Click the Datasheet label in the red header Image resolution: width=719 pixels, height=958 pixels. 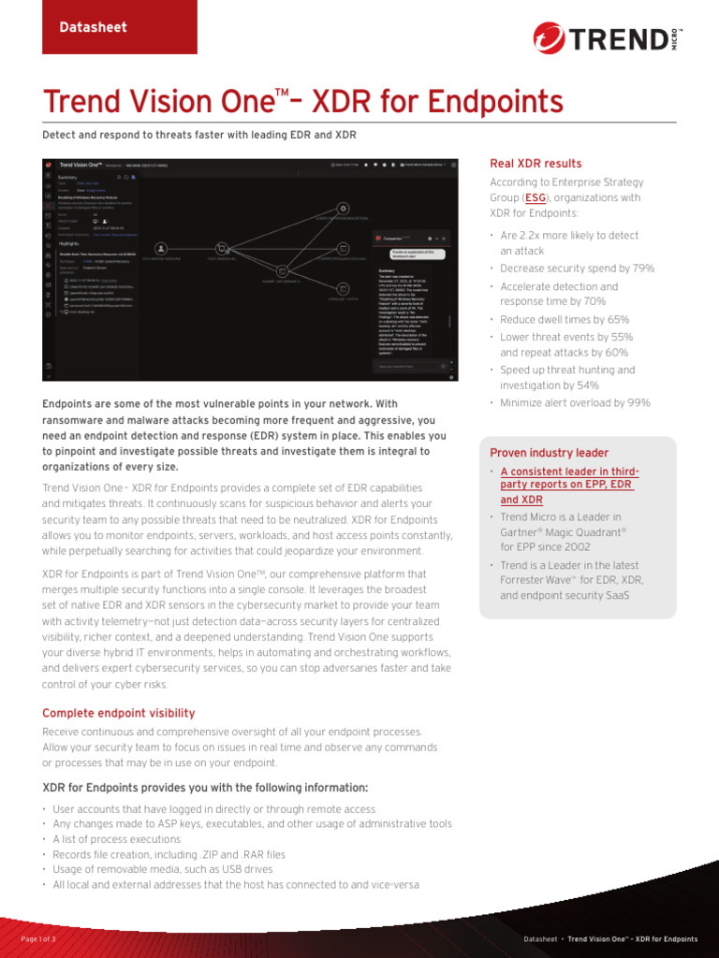coord(94,27)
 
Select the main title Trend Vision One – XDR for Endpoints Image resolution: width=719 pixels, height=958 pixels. coord(303,103)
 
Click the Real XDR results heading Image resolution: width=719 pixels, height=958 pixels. coord(536,164)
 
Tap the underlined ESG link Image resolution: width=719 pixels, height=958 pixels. coord(535,198)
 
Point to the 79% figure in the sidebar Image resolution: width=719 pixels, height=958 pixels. coord(643,269)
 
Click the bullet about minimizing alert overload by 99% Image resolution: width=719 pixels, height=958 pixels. coord(575,403)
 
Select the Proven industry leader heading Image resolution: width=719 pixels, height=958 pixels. coord(549,453)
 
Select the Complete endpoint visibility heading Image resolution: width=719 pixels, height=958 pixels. coord(119,713)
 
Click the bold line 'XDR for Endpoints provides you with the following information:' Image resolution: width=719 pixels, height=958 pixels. coord(206,787)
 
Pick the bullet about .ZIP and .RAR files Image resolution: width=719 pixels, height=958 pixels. coord(169,854)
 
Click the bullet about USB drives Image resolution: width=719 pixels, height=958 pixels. coord(163,869)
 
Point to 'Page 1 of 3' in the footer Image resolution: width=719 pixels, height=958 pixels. coord(38,938)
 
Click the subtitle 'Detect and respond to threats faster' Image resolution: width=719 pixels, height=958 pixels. coord(199,136)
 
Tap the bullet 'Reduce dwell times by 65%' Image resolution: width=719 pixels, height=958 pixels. coord(565,320)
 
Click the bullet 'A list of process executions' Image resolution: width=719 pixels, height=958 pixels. coord(117,839)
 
